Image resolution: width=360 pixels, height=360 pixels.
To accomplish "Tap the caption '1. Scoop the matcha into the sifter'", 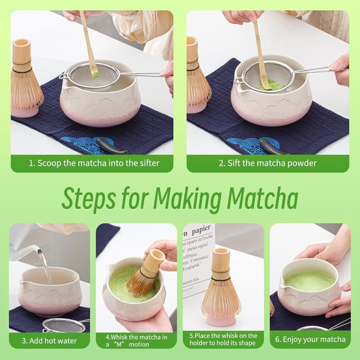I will tap(92, 163).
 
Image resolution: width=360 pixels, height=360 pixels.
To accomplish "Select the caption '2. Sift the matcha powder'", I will tap(268, 163).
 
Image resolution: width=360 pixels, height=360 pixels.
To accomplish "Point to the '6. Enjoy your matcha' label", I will tap(310, 340).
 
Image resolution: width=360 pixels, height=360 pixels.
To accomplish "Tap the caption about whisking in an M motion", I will tap(136, 340).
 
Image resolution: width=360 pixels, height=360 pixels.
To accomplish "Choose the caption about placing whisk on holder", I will tap(223, 340).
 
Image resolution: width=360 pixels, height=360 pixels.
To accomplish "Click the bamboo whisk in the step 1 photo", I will tap(25, 79).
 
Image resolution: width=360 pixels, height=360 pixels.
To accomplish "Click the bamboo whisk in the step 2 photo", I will tap(198, 79).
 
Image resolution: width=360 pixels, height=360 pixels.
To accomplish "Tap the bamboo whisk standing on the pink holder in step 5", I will tap(221, 284).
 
